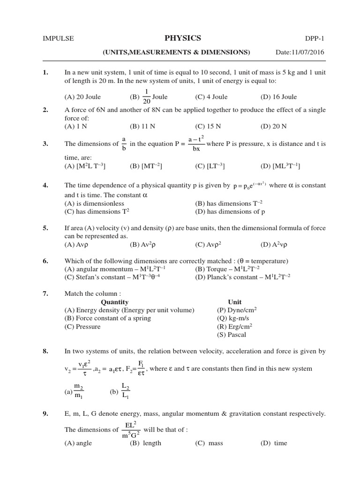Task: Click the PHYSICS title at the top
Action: (x=183, y=38)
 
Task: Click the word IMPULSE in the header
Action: (x=58, y=39)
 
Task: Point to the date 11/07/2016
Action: (x=307, y=52)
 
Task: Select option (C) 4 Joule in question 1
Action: (x=211, y=97)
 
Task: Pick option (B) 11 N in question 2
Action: (x=142, y=127)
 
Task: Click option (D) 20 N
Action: (x=273, y=127)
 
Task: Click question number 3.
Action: (x=45, y=144)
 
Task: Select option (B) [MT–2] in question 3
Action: (x=146, y=166)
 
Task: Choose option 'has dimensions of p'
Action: (x=230, y=211)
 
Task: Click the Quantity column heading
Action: (x=114, y=302)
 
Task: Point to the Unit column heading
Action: (x=235, y=302)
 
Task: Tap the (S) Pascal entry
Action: (x=232, y=335)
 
